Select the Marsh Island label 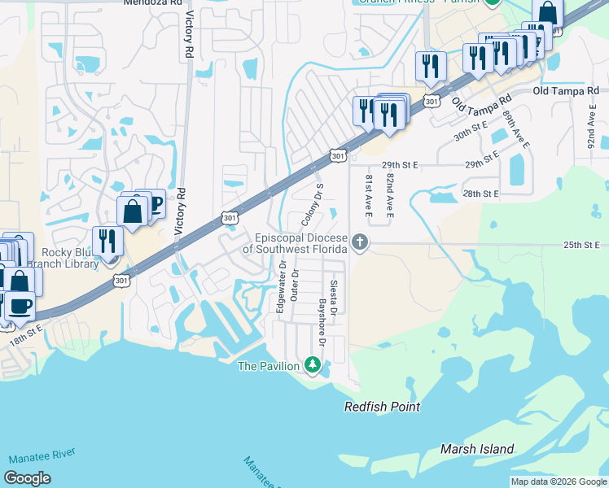tap(477, 449)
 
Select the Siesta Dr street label tap(334, 296)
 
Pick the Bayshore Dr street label tap(322, 323)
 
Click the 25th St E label tap(580, 245)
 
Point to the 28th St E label tap(480, 194)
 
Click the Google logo tap(27, 478)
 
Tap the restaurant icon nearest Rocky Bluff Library tap(107, 240)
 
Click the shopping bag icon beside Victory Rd tap(132, 211)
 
